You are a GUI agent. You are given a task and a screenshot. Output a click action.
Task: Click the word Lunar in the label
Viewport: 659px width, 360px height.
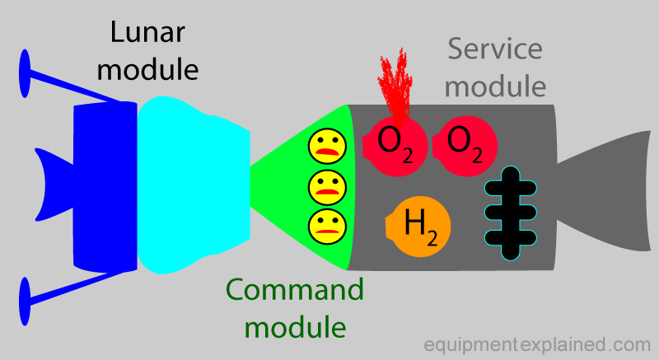pos(147,32)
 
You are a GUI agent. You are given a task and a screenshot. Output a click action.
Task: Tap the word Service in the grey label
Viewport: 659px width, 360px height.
pos(495,49)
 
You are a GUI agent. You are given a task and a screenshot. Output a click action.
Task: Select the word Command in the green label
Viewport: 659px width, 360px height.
pos(295,289)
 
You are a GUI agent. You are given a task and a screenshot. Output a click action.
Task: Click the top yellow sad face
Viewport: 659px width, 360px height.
pos(327,146)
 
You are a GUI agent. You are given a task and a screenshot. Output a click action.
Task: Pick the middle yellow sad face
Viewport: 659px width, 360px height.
pos(327,186)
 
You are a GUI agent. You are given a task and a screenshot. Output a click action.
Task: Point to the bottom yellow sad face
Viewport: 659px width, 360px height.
pos(327,226)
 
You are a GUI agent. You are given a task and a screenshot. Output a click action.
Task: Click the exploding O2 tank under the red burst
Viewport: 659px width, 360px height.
pos(395,146)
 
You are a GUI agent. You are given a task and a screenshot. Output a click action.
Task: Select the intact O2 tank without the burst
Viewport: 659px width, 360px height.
pos(465,146)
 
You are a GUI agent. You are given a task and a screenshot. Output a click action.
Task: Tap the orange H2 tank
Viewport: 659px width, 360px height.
pos(418,227)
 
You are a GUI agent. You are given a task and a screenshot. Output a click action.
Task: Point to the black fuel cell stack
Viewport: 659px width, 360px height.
pos(510,213)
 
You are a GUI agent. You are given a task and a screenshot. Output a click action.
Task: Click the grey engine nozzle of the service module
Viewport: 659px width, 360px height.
pos(605,191)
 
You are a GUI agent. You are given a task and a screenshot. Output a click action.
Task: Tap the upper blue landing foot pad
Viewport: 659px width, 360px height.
pos(25,73)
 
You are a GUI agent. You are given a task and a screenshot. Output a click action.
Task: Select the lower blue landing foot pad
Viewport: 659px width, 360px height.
pos(25,302)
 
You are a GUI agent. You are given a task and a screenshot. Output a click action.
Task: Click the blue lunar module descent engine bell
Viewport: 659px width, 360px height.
pos(54,185)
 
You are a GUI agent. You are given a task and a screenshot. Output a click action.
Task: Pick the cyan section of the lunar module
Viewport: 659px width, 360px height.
pos(194,185)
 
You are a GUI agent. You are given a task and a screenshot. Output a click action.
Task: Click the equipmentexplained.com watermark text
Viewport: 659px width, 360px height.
pos(537,345)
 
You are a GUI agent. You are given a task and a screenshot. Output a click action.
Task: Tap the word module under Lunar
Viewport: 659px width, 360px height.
pos(147,70)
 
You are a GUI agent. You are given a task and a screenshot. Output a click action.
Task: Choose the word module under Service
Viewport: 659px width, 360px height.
pos(495,86)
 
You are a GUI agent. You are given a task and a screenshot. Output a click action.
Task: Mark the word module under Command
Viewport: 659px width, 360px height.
pos(295,328)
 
